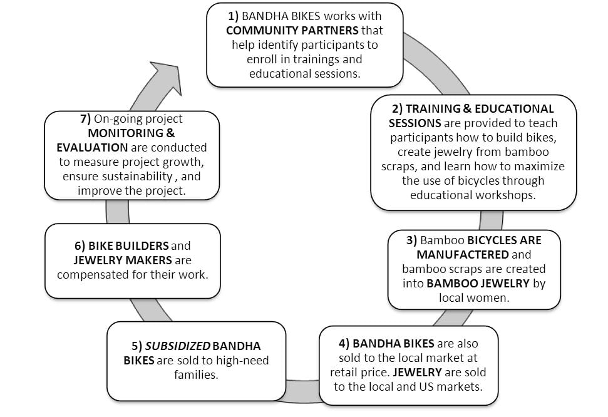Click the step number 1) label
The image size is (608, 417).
coord(233,16)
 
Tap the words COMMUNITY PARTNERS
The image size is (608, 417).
coord(292,30)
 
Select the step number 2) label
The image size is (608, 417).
coord(397,109)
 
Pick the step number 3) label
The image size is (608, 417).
coord(411,240)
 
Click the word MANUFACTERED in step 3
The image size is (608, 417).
coord(463,254)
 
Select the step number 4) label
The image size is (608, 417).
coord(344,344)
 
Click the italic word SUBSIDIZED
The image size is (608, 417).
coord(178,346)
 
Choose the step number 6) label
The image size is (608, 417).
coord(80,246)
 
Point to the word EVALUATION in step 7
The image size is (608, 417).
coord(92,147)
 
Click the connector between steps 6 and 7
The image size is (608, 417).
coord(118,212)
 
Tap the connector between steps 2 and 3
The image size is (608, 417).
coord(492,220)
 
